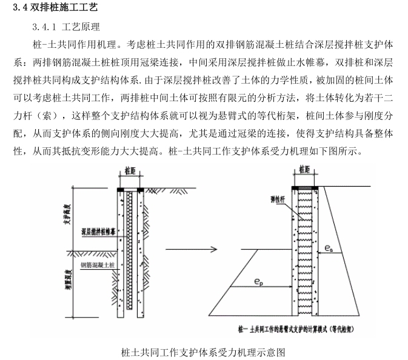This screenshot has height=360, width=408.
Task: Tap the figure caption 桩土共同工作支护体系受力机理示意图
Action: [x=203, y=351]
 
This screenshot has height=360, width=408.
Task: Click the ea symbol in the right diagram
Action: [x=328, y=248]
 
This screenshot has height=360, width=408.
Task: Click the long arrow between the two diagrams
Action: [x=191, y=249]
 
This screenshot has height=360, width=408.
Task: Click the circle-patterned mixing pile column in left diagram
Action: [x=131, y=255]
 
